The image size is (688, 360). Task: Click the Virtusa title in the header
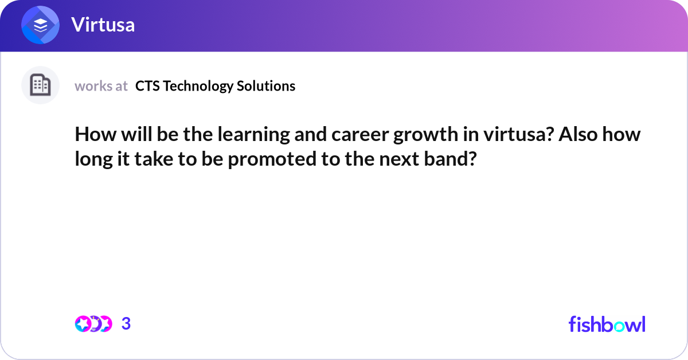(103, 25)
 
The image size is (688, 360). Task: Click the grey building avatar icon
(40, 85)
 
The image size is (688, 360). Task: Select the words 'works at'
(101, 86)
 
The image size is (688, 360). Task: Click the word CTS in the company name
(146, 86)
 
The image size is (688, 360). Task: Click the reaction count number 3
(126, 324)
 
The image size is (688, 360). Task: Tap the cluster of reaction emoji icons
(93, 324)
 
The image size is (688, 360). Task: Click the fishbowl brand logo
(607, 324)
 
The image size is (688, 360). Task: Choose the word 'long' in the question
(93, 159)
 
